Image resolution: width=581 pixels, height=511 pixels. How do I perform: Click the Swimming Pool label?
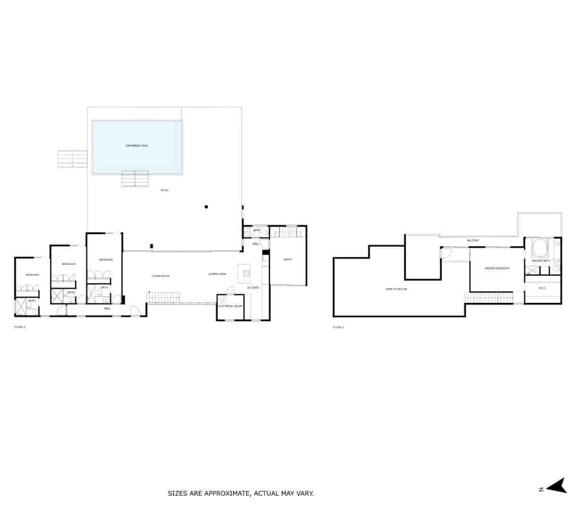click(137, 146)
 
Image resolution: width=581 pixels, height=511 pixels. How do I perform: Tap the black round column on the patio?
click(206, 207)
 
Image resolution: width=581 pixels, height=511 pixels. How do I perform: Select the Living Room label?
click(161, 276)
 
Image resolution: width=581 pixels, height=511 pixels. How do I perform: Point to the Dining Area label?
click(217, 274)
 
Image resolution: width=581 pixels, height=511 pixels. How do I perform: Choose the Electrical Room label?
click(230, 306)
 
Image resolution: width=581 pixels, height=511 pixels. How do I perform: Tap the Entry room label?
click(287, 259)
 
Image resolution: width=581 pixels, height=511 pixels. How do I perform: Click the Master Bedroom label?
click(497, 268)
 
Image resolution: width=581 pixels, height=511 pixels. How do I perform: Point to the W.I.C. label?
click(543, 288)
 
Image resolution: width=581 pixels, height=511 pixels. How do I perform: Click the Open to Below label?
click(396, 289)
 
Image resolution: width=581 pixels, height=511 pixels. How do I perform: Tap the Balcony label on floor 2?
click(473, 240)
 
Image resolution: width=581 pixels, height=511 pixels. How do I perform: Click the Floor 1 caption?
click(20, 327)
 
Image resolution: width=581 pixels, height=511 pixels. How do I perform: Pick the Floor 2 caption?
click(338, 327)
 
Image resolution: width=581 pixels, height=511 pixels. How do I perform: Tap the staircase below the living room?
click(164, 298)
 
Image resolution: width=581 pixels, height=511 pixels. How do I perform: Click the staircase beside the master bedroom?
click(489, 298)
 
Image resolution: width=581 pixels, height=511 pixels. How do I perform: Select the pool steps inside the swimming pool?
click(135, 179)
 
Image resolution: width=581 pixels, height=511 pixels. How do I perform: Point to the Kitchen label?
click(253, 288)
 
